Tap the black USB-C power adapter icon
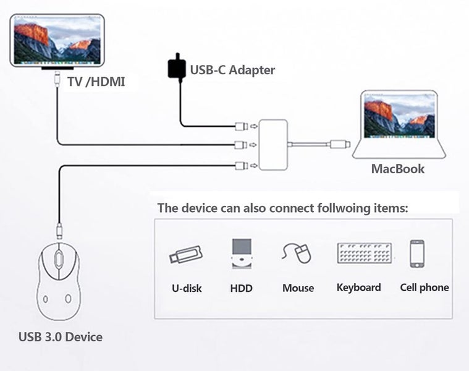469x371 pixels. [x=177, y=68]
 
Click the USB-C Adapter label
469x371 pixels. [x=232, y=70]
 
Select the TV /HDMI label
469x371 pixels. [x=95, y=81]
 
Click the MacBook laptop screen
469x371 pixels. [x=399, y=115]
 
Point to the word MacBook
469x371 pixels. [x=397, y=168]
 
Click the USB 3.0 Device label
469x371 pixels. [x=60, y=337]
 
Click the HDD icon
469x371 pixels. [x=241, y=254]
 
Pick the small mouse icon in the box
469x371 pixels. [x=297, y=253]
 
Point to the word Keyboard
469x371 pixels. [x=358, y=288]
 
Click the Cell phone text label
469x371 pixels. [x=424, y=288]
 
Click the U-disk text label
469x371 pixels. [x=187, y=288]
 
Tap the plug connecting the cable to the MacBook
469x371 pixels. [x=340, y=145]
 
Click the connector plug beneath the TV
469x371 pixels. [x=57, y=78]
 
